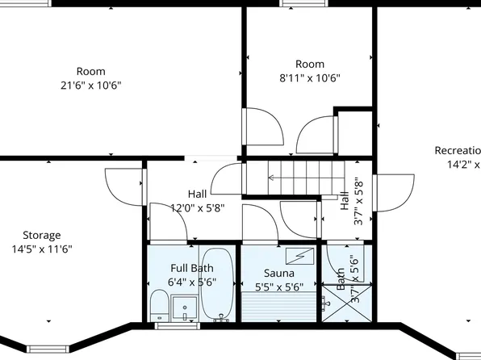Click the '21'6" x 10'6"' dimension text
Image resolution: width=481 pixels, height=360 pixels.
click(90, 85)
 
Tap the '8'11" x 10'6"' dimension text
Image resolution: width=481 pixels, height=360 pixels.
click(309, 78)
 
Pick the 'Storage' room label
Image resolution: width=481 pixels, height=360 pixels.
click(41, 236)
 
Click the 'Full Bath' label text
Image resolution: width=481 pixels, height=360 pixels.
click(191, 268)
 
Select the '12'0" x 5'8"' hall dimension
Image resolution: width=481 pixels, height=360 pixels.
click(197, 207)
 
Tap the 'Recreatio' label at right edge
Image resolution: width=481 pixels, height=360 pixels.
click(457, 151)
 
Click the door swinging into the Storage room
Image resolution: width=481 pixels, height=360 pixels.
click(125, 186)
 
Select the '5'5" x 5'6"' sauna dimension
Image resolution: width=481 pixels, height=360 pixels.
click(279, 287)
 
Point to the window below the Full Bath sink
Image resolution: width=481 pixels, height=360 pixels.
click(178, 326)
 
